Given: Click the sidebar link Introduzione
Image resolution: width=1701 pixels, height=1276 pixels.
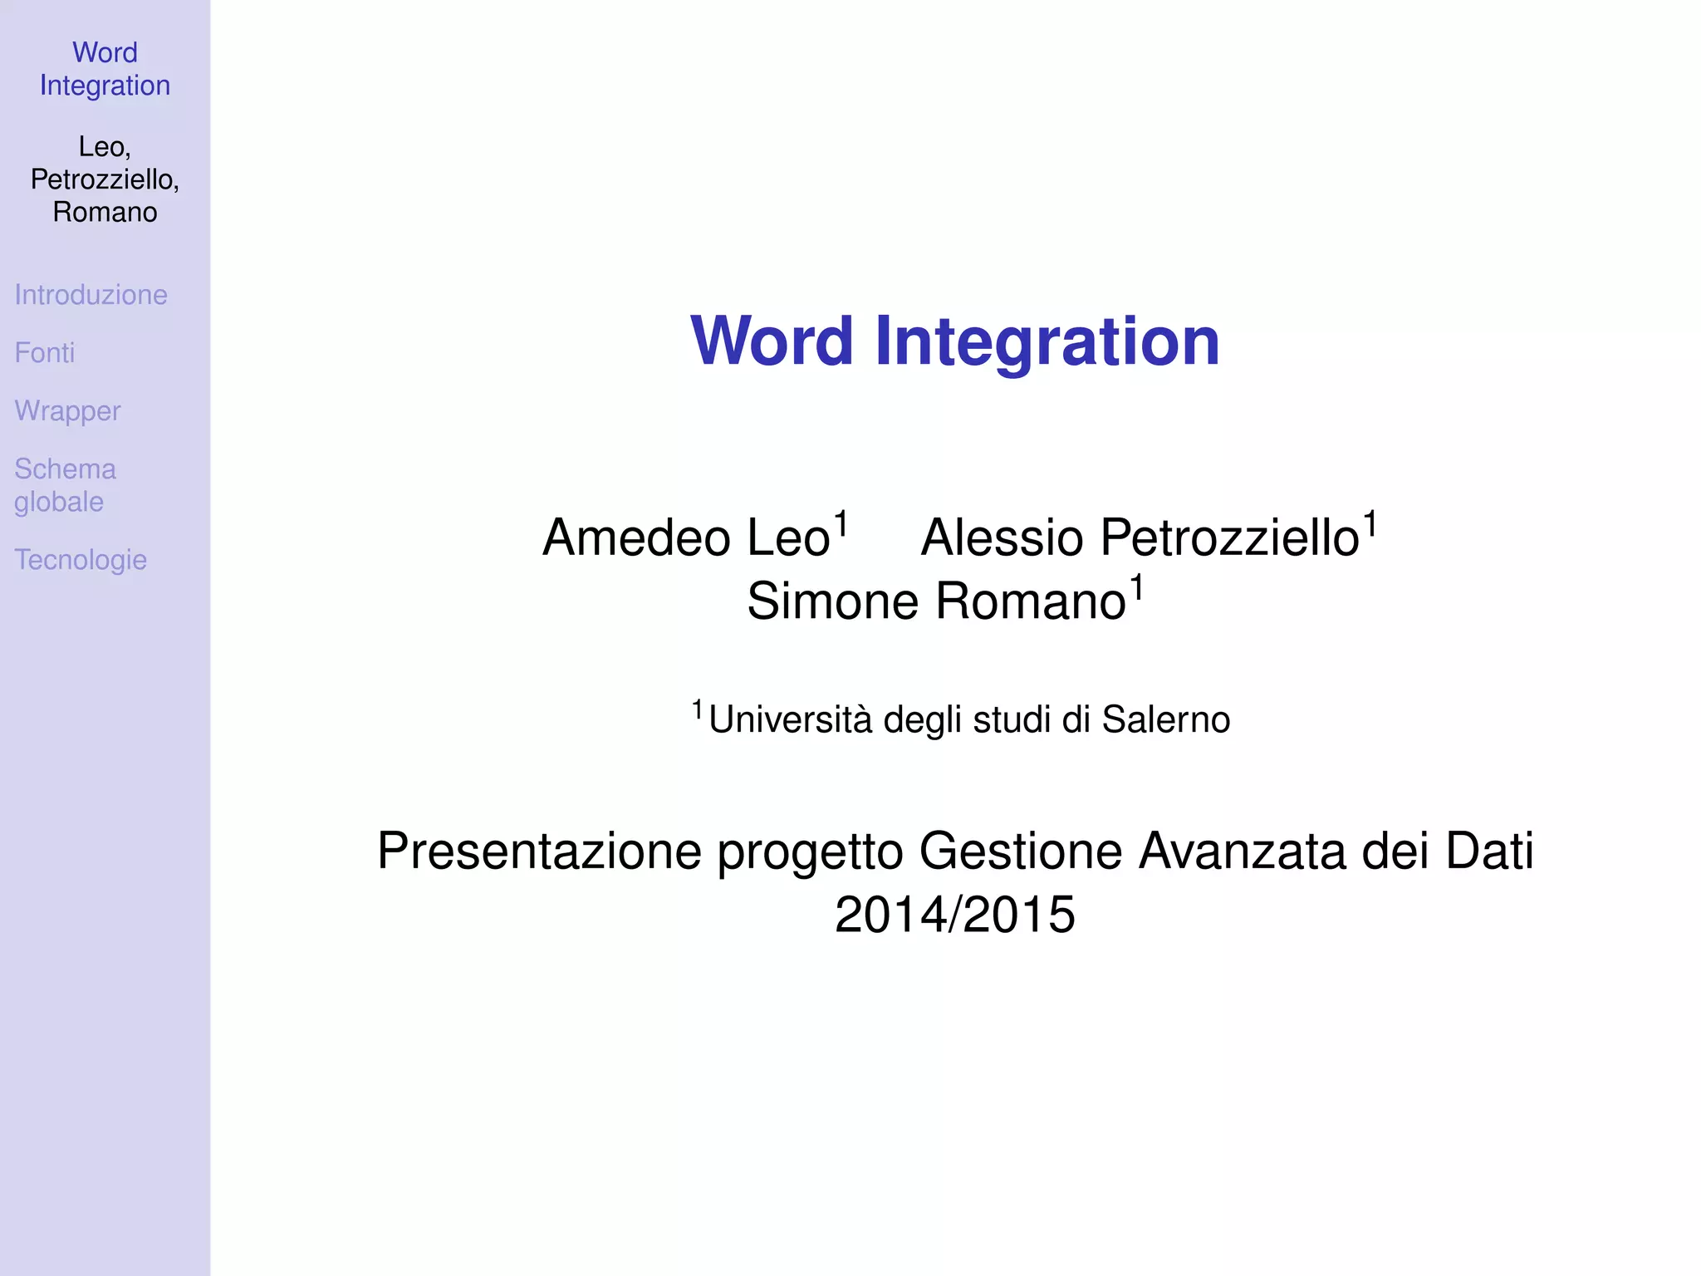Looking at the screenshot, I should coord(91,295).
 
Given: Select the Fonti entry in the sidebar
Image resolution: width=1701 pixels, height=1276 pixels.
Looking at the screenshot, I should coord(45,353).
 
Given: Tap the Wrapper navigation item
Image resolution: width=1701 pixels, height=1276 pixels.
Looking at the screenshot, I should coord(67,411).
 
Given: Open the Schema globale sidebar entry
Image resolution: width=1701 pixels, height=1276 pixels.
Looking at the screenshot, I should coord(65,485).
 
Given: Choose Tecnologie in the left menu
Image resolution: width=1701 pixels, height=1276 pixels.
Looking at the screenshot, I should coord(81,560).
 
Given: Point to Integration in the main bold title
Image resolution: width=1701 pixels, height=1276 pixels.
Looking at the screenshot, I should coord(1047,342).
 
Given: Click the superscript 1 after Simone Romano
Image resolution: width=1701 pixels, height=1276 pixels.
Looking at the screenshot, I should coord(1136,588).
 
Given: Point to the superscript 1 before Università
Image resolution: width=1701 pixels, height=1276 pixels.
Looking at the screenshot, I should coord(698,709).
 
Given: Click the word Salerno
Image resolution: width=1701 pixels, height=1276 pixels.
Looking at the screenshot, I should coord(1165,719).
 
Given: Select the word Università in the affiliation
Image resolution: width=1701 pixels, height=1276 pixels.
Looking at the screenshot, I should coord(790,719).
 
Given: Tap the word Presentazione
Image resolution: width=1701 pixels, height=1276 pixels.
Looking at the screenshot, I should coord(539,851).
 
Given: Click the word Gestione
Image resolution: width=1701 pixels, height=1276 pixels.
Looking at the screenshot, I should coord(1020,851).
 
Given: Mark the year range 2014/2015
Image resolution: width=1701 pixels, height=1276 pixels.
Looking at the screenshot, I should coord(954,915).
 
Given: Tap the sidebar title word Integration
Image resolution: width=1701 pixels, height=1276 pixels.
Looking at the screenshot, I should coord(105,86).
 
